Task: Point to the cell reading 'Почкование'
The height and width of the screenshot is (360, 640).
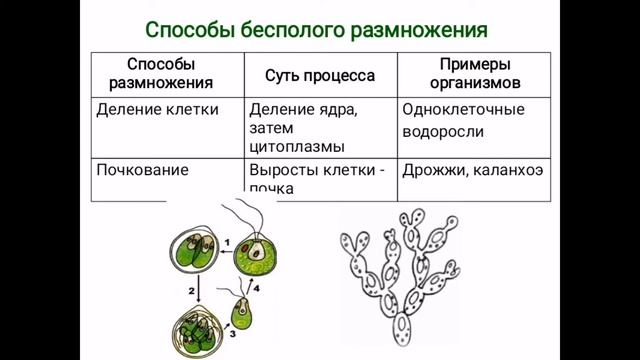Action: tap(142, 169)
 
